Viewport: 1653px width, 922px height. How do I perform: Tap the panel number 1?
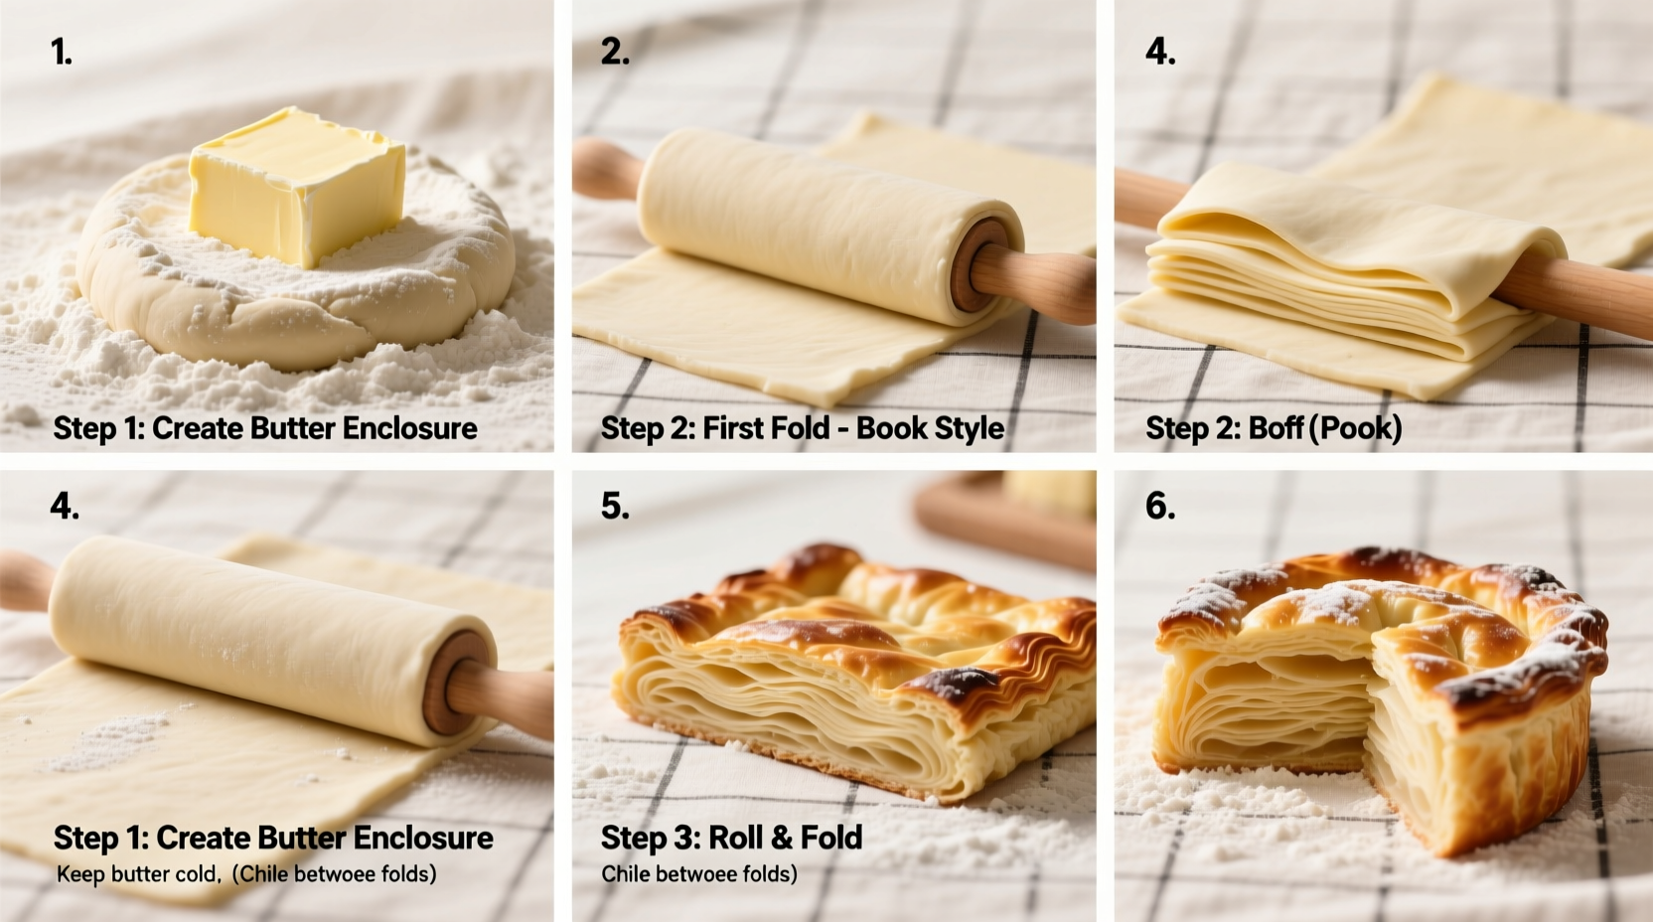click(62, 51)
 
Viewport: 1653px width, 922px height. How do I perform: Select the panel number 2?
click(615, 51)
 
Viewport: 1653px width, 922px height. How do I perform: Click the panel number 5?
click(615, 506)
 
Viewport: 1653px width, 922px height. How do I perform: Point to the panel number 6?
click(1160, 506)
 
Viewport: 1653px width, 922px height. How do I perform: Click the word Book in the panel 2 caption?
click(891, 428)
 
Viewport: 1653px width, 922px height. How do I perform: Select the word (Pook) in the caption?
click(1357, 428)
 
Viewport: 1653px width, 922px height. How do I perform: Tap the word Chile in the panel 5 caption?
click(626, 874)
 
